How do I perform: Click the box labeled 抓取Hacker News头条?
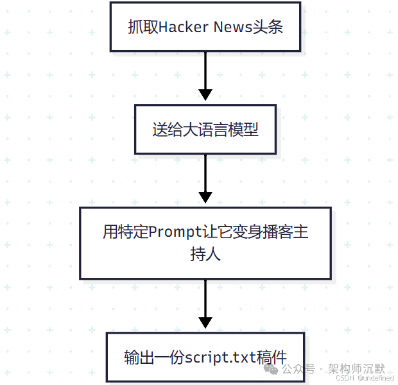tap(205, 26)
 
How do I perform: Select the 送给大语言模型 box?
tap(205, 129)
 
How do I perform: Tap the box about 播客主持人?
tap(205, 243)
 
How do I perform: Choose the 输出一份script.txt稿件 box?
tap(205, 357)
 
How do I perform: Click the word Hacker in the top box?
tap(180, 27)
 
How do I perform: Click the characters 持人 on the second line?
tap(205, 254)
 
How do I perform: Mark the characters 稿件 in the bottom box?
tap(272, 357)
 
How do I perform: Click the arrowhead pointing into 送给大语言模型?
tap(205, 95)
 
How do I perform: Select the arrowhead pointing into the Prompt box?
tap(205, 197)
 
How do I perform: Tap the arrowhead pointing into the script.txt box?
tap(205, 322)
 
